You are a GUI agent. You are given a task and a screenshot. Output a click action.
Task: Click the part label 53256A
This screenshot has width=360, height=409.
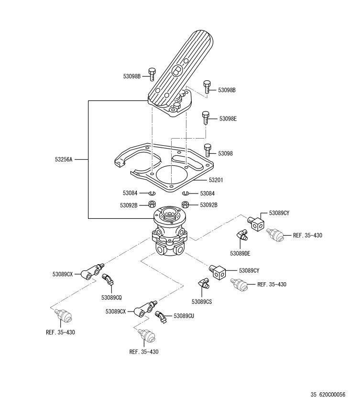click(64, 160)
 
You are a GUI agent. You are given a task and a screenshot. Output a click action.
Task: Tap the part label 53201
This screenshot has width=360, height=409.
click(216, 180)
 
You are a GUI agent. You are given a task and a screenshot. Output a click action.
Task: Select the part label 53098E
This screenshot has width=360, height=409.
click(228, 118)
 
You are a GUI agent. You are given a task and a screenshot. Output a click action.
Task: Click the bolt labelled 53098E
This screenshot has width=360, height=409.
click(206, 118)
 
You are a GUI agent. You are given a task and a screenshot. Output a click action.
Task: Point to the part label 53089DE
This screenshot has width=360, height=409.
click(240, 254)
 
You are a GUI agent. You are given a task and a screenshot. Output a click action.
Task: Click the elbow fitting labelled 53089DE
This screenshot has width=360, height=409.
click(242, 235)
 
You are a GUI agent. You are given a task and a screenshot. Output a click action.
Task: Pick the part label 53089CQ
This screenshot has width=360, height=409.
click(111, 297)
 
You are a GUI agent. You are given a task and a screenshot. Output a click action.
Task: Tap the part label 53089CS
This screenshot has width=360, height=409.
click(202, 302)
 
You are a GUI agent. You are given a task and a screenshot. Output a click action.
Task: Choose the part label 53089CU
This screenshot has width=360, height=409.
click(184, 316)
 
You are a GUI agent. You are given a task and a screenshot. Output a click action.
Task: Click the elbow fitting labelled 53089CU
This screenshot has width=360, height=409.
click(161, 317)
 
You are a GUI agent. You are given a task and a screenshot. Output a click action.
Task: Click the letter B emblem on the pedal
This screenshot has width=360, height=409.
click(177, 70)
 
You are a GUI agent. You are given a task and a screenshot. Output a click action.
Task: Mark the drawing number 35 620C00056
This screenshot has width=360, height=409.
click(328, 394)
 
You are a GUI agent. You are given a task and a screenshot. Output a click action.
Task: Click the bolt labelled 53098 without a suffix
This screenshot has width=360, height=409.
click(207, 150)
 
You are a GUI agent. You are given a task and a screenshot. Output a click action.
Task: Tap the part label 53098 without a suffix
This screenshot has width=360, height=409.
click(225, 153)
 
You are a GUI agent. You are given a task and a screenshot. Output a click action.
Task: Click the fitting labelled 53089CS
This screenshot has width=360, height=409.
click(204, 283)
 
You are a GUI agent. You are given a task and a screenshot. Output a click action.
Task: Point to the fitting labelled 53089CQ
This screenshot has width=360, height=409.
click(108, 279)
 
